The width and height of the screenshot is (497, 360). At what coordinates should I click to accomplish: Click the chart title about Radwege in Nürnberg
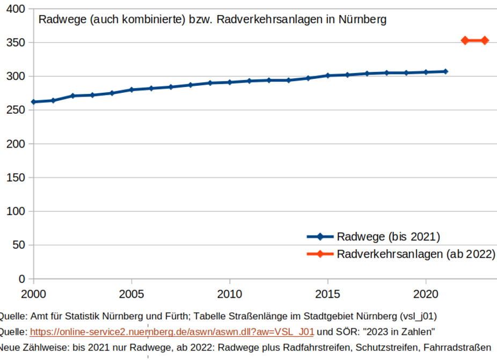[212, 20]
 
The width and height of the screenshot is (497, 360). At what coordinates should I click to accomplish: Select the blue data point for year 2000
[33, 101]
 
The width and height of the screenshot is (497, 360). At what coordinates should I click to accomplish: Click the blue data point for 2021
[445, 71]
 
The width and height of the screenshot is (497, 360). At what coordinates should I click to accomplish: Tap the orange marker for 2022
[465, 40]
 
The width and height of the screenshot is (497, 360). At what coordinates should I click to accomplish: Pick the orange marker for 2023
[485, 40]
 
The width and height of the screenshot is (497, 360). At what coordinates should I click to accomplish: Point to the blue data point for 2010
[229, 82]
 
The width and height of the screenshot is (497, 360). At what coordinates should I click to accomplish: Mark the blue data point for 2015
[327, 76]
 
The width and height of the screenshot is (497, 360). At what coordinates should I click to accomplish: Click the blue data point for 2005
[131, 90]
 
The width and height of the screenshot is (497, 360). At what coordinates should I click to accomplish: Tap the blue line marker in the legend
[320, 237]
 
